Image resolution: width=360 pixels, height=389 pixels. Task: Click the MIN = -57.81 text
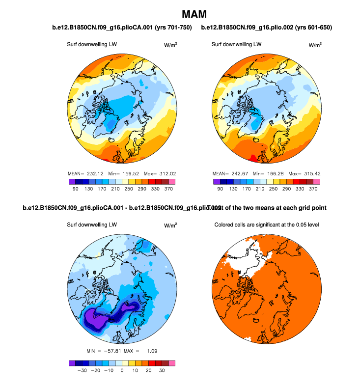point(100,351)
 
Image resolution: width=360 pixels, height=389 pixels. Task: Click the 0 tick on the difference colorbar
point(122,371)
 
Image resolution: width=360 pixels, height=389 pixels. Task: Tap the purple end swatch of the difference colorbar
point(71,363)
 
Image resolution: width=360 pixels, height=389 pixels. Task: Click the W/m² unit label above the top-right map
point(315,45)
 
